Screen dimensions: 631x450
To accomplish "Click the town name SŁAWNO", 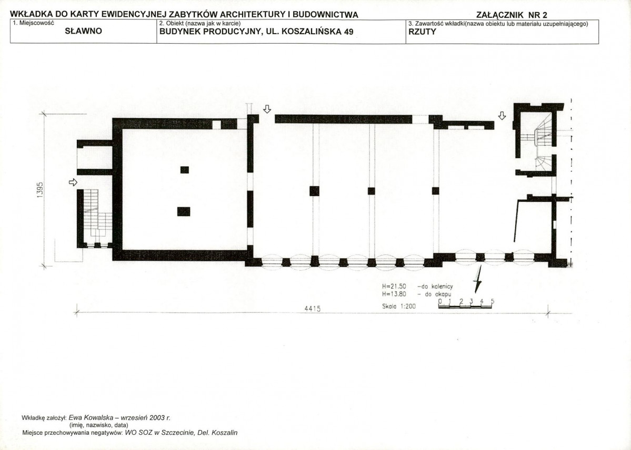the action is point(83,31).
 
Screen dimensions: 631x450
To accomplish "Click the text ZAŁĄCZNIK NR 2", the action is point(512,15).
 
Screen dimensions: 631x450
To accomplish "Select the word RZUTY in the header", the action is point(422,32).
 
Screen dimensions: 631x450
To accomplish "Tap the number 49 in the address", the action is point(348,32).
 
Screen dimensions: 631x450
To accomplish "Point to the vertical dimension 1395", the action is point(39,190).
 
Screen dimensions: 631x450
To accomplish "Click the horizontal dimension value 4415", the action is point(312,309).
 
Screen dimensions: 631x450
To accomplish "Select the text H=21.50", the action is point(394,287).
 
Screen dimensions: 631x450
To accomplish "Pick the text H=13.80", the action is point(394,294).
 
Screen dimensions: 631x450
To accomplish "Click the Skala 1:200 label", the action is point(399,306).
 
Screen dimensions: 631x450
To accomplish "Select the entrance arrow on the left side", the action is point(73,182).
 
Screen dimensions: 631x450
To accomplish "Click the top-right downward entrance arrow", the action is point(502,116).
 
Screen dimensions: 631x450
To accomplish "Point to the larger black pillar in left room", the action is point(184,211).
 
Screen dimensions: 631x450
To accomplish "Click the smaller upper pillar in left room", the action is point(185,170).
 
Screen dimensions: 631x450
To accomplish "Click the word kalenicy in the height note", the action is point(442,287).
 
